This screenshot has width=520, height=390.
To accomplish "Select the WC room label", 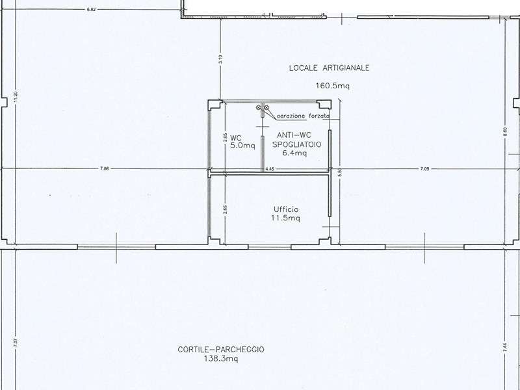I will [x=236, y=138].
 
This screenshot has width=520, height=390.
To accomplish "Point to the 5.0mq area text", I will [x=236, y=146].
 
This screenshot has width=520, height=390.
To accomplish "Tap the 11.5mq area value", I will [x=285, y=218].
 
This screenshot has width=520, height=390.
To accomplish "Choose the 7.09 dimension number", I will [x=425, y=169].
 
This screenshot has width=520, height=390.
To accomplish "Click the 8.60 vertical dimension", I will [x=504, y=131].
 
